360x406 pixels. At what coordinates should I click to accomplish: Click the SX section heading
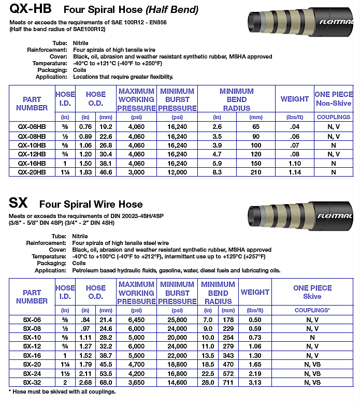pyautogui.click(x=18, y=202)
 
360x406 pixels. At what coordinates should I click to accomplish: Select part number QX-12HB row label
pyautogui.click(x=32, y=154)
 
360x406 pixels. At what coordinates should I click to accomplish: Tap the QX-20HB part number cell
pyautogui.click(x=32, y=172)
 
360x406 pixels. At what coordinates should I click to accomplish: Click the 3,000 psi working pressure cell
pyautogui.click(x=136, y=172)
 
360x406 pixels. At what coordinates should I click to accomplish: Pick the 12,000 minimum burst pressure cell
pyautogui.click(x=178, y=172)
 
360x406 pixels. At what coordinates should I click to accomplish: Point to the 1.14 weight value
pyautogui.click(x=295, y=172)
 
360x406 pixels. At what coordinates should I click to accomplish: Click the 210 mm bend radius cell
pyautogui.click(x=256, y=172)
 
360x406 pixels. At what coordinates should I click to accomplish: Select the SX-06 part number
pyautogui.click(x=32, y=320)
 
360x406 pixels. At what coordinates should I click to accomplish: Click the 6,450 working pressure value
pyautogui.click(x=136, y=320)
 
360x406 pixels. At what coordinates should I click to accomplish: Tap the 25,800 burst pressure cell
pyautogui.click(x=178, y=320)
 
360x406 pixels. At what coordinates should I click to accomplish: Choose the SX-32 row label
pyautogui.click(x=32, y=383)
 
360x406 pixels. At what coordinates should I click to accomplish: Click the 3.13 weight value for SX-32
pyautogui.click(x=255, y=383)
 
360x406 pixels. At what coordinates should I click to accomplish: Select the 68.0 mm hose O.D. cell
pyautogui.click(x=106, y=383)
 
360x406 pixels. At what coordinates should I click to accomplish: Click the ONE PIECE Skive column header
pyautogui.click(x=312, y=292)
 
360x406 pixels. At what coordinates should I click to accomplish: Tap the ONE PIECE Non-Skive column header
pyautogui.click(x=333, y=98)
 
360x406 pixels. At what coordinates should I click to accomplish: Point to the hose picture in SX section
pyautogui.click(x=306, y=214)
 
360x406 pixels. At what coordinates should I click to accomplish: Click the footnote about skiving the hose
pyautogui.click(x=62, y=392)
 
